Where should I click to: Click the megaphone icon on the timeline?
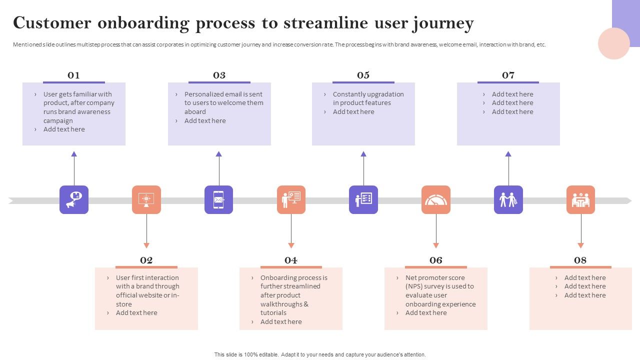74,200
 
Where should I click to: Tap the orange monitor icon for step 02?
146,200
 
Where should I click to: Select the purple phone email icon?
218,200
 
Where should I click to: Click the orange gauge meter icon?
436,200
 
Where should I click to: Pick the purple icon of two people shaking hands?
508,200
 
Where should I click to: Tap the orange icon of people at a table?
580,200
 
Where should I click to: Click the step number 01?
73,75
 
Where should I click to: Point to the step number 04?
291,260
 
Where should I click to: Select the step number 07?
508,75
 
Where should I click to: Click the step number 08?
580,260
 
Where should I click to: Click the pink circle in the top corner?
613,43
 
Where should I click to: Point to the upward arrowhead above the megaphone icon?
74,154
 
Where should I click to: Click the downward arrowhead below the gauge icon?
436,245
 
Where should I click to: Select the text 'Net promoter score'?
435,277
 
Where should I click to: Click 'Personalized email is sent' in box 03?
223,94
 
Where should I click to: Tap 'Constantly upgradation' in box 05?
368,94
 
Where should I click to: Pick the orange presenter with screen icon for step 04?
291,200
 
